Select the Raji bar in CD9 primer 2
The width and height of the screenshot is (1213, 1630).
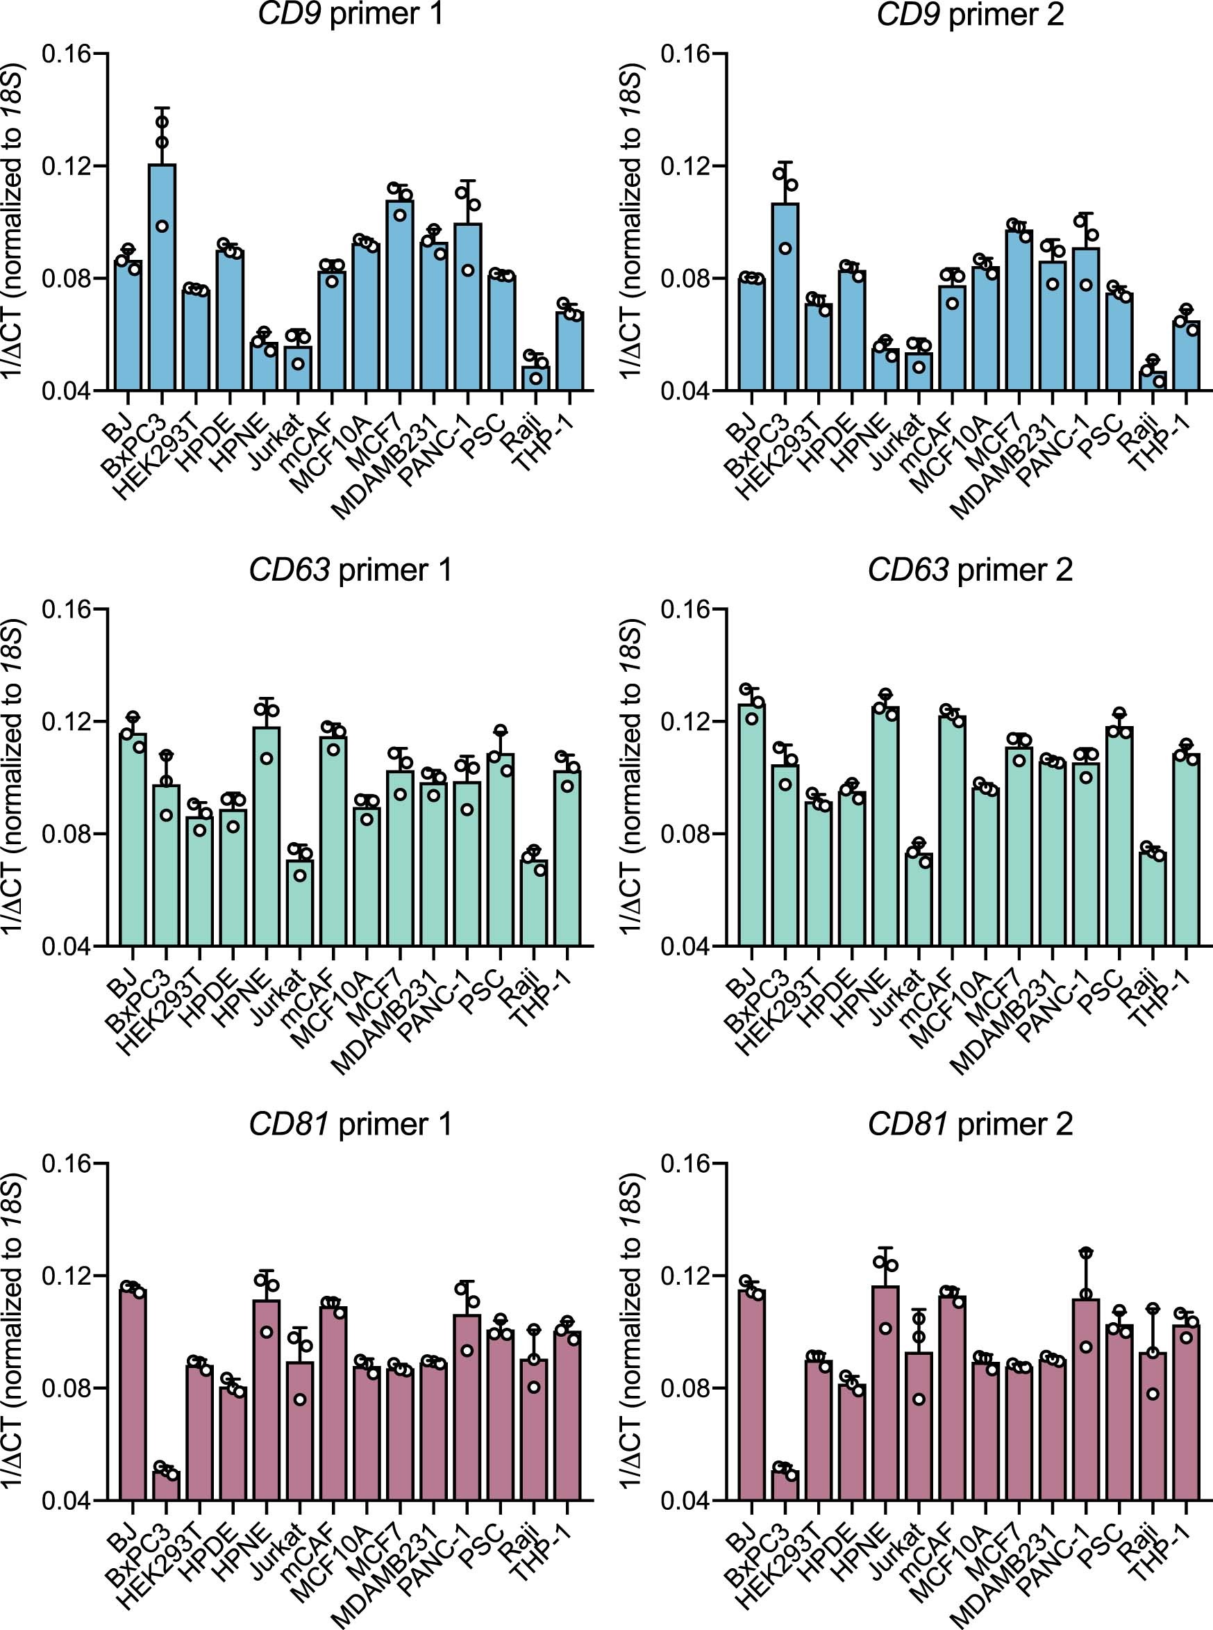1152,381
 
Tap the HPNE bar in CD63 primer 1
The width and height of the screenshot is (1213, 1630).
267,837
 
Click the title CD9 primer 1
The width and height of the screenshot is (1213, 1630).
350,15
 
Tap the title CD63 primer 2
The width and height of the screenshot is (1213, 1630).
969,570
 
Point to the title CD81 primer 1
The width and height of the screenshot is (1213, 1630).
350,1125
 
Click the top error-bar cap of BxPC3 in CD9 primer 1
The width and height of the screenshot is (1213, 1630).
162,108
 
